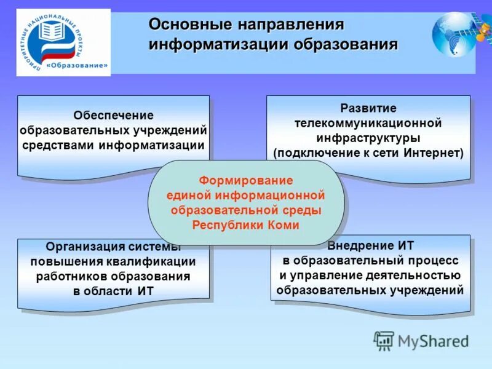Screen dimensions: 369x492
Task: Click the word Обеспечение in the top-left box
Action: pos(114,115)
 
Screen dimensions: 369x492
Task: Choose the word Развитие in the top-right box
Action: pos(368,108)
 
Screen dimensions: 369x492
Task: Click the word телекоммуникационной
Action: pos(368,123)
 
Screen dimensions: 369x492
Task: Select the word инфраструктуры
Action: pos(368,138)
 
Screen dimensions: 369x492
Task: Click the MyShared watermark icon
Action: pos(384,341)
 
